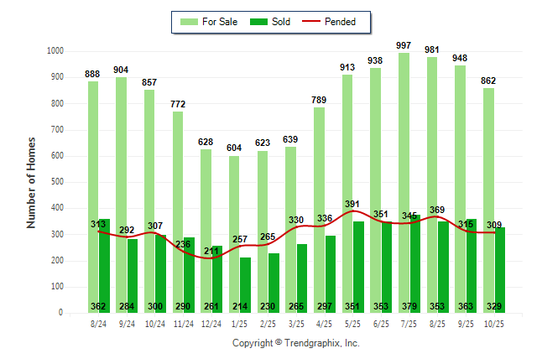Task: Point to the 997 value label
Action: coord(404,45)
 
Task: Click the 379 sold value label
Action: coord(409,306)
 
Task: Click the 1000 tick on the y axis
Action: coord(55,51)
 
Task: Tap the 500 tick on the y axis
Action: coord(57,182)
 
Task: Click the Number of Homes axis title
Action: coord(31,182)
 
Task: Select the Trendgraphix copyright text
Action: coord(295,343)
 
